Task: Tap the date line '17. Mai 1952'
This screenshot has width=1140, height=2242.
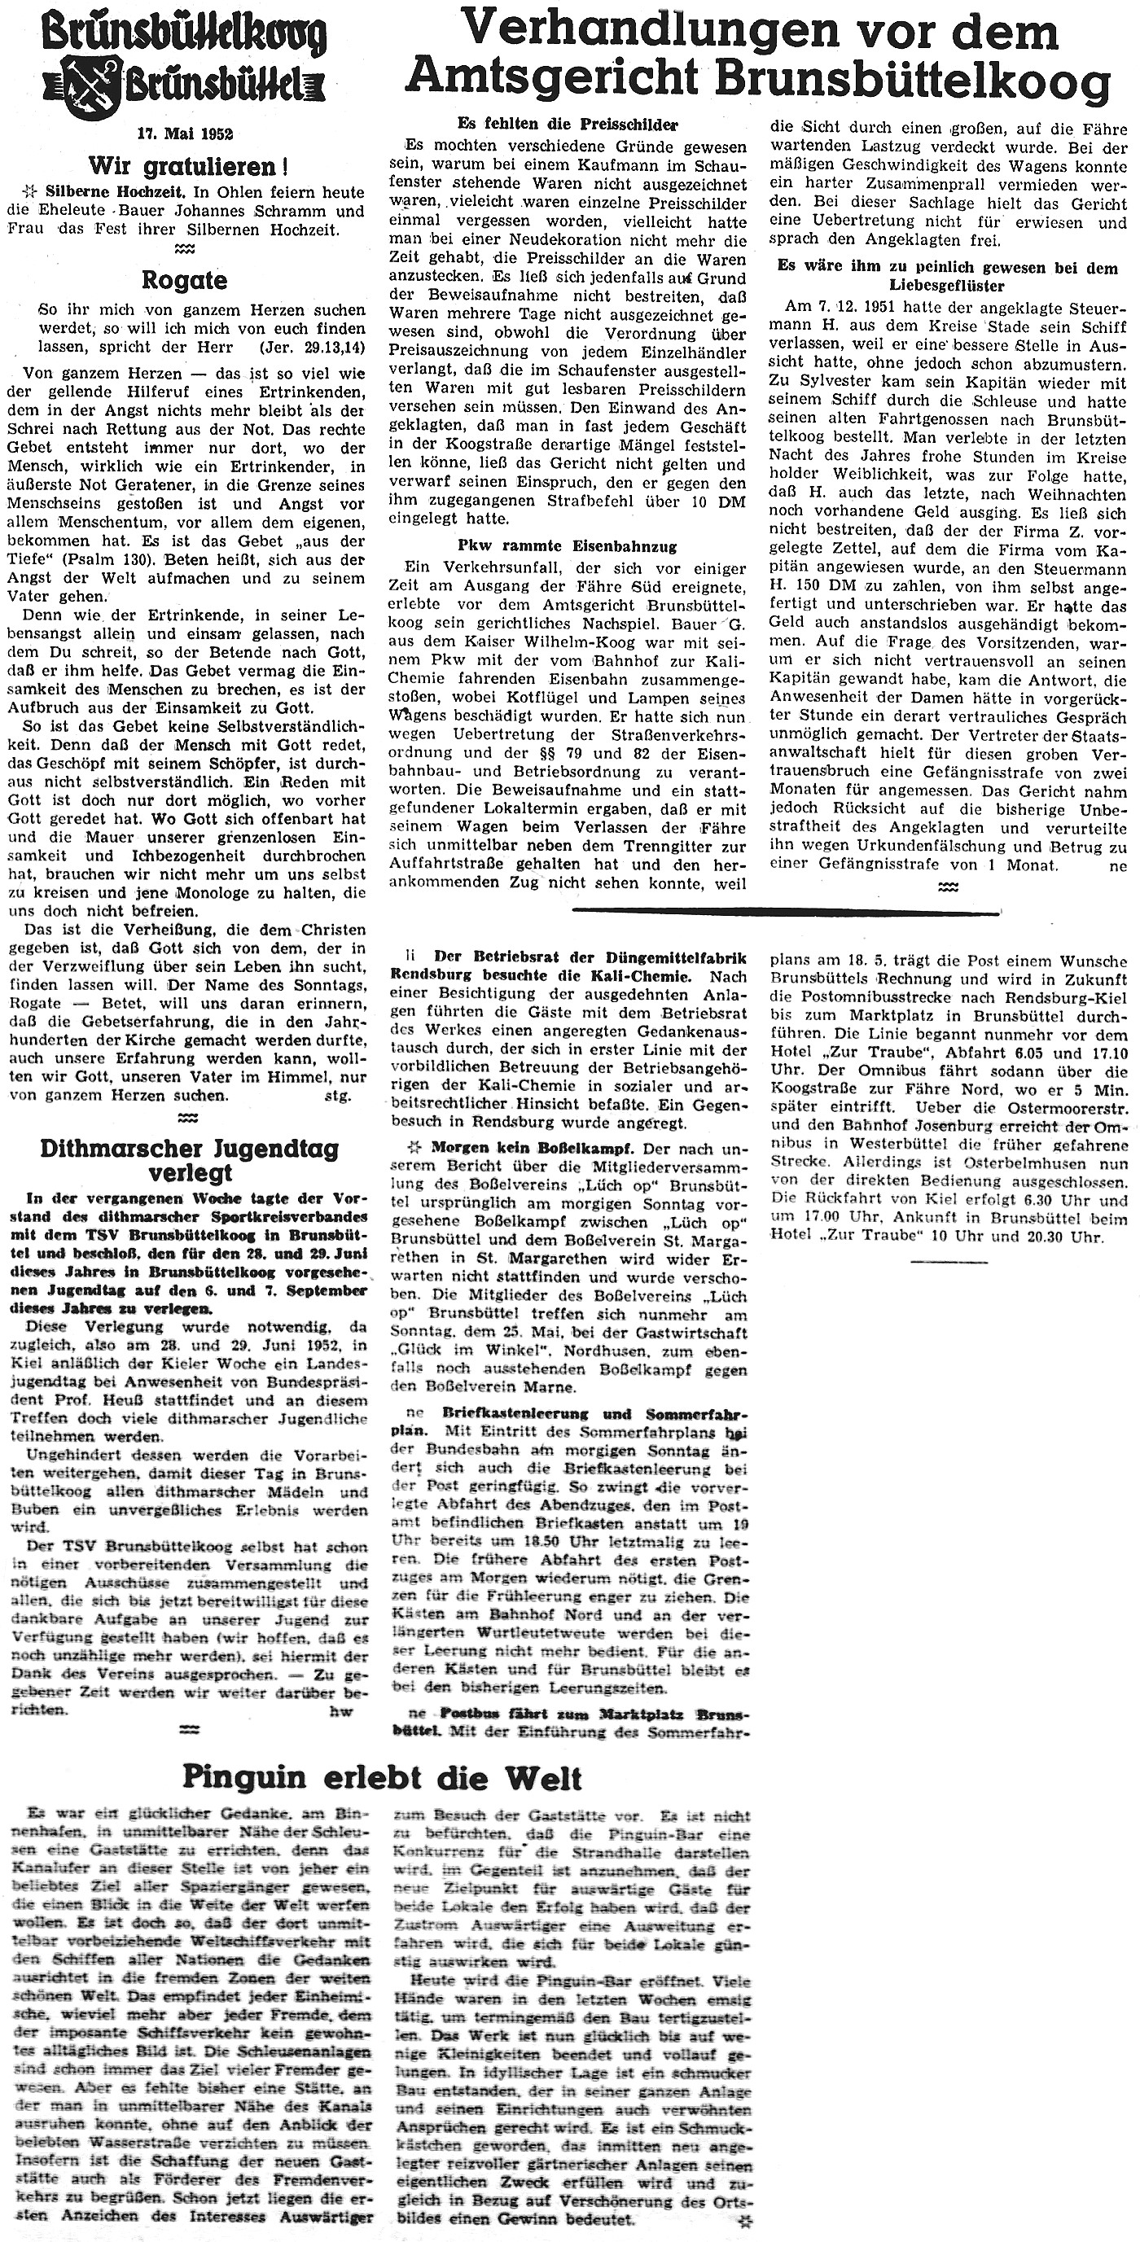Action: [185, 134]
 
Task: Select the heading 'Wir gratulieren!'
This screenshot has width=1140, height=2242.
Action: [188, 165]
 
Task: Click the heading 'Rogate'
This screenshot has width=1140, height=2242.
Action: [186, 280]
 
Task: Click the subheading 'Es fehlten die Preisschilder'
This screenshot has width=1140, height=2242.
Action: [568, 125]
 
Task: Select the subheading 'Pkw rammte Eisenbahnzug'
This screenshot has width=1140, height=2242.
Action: [567, 545]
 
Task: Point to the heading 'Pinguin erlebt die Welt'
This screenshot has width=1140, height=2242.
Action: [382, 1753]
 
